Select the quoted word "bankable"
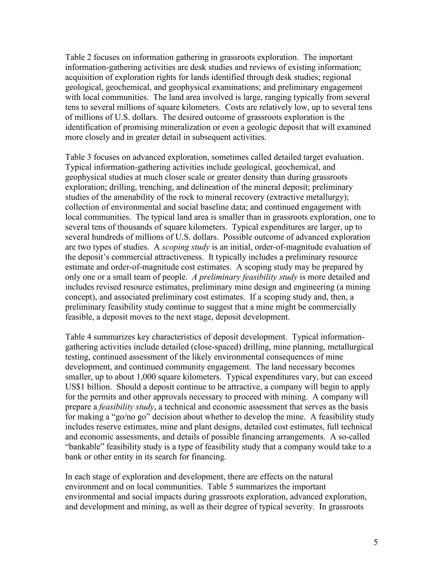85,447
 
